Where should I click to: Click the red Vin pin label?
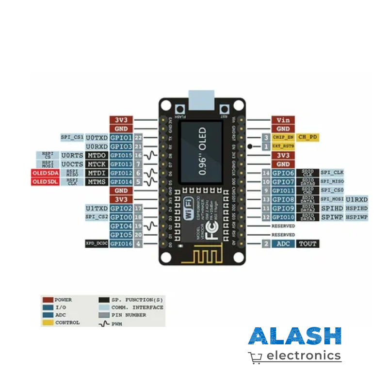coord(282,120)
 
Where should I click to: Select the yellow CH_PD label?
coord(308,137)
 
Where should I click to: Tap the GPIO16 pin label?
coord(121,243)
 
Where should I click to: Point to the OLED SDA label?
coord(45,173)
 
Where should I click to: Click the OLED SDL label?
coord(45,182)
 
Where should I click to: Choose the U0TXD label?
coord(97,138)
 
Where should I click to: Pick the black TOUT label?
coord(308,243)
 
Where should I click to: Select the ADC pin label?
coord(282,243)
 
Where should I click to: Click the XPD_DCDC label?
coord(96,243)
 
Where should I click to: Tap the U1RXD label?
coord(356,199)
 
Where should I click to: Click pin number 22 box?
coord(139,138)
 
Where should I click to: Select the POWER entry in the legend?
coord(63,300)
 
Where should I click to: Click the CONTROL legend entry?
coord(67,322)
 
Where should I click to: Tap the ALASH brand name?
coord(294,337)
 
